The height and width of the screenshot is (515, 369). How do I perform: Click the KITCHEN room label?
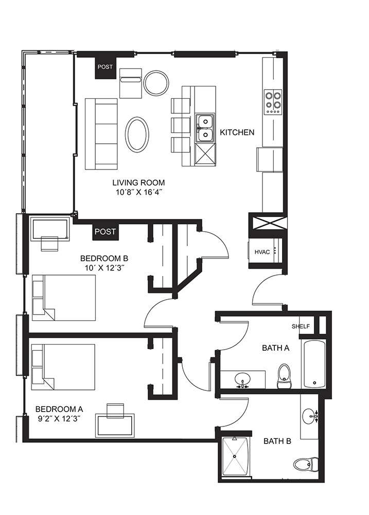click(x=237, y=132)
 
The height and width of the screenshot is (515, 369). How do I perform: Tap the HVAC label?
click(x=262, y=252)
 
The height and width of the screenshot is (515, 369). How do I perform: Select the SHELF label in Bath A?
click(x=301, y=327)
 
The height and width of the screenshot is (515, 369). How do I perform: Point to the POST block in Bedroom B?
click(x=106, y=232)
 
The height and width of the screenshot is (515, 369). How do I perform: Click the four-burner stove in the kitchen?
click(x=273, y=102)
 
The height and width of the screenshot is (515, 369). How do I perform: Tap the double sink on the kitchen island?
click(x=205, y=128)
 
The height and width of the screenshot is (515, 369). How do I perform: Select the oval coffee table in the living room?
click(x=136, y=134)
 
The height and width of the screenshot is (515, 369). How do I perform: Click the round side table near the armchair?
click(x=156, y=82)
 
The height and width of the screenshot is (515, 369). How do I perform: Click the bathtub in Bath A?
click(x=314, y=364)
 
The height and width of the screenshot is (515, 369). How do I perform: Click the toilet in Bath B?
click(x=305, y=464)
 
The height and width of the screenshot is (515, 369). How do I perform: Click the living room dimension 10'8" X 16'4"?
click(x=138, y=193)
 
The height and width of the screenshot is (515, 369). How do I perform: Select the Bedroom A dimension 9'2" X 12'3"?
click(x=59, y=419)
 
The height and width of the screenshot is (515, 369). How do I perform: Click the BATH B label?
click(x=277, y=441)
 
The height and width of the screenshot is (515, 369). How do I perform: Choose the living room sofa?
click(x=101, y=134)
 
